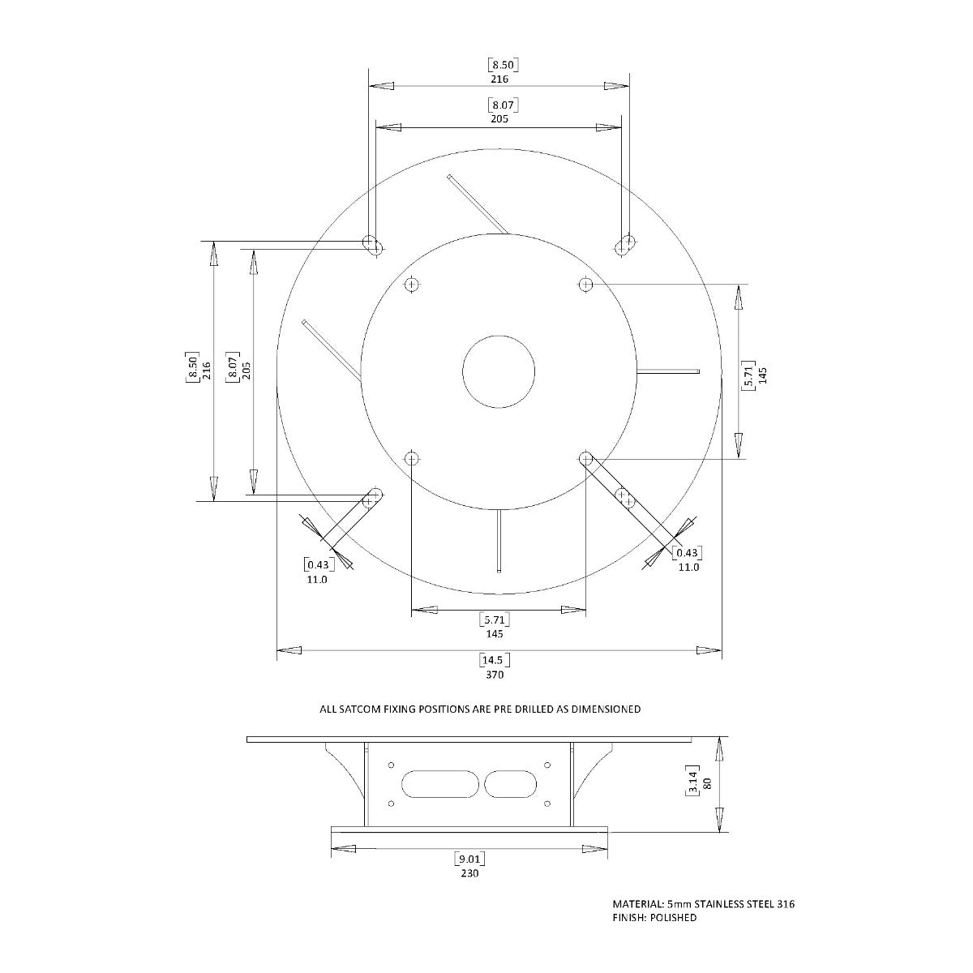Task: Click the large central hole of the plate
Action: (x=499, y=371)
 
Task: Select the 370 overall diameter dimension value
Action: (x=495, y=674)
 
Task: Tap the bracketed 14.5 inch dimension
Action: (x=495, y=660)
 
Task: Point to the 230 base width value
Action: (x=469, y=873)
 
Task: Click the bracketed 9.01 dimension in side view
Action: (x=469, y=859)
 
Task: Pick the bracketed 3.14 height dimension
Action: (x=693, y=784)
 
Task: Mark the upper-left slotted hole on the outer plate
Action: (x=373, y=245)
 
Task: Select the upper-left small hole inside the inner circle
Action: (x=412, y=284)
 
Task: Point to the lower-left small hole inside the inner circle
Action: (x=412, y=458)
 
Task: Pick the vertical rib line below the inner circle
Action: (x=500, y=539)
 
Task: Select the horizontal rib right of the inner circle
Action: (x=668, y=371)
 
